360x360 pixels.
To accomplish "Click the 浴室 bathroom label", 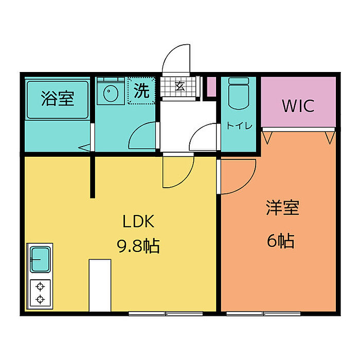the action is click(x=58, y=98).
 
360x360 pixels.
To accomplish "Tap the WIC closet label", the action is click(x=297, y=106).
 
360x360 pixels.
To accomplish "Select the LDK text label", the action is click(x=138, y=222).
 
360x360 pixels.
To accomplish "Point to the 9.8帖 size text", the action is click(x=138, y=246).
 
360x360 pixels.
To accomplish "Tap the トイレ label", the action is click(x=239, y=126).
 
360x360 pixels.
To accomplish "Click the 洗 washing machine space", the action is click(x=141, y=91).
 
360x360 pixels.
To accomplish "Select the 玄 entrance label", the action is click(x=180, y=86).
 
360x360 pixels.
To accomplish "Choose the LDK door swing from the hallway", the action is click(x=176, y=172).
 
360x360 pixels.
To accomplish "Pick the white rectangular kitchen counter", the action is click(x=100, y=285).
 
